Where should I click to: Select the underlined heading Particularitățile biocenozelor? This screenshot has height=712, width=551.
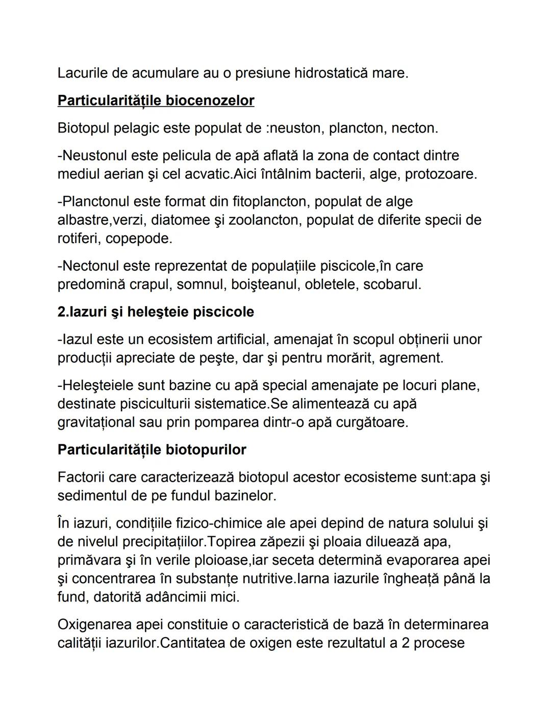[x=156, y=101]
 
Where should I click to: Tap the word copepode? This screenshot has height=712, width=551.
[x=139, y=239]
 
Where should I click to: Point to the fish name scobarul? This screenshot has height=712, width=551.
[x=392, y=284]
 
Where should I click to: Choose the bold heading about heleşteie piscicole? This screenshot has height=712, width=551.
[x=156, y=312]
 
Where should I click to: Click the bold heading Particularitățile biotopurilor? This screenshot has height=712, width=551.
[x=152, y=450]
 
